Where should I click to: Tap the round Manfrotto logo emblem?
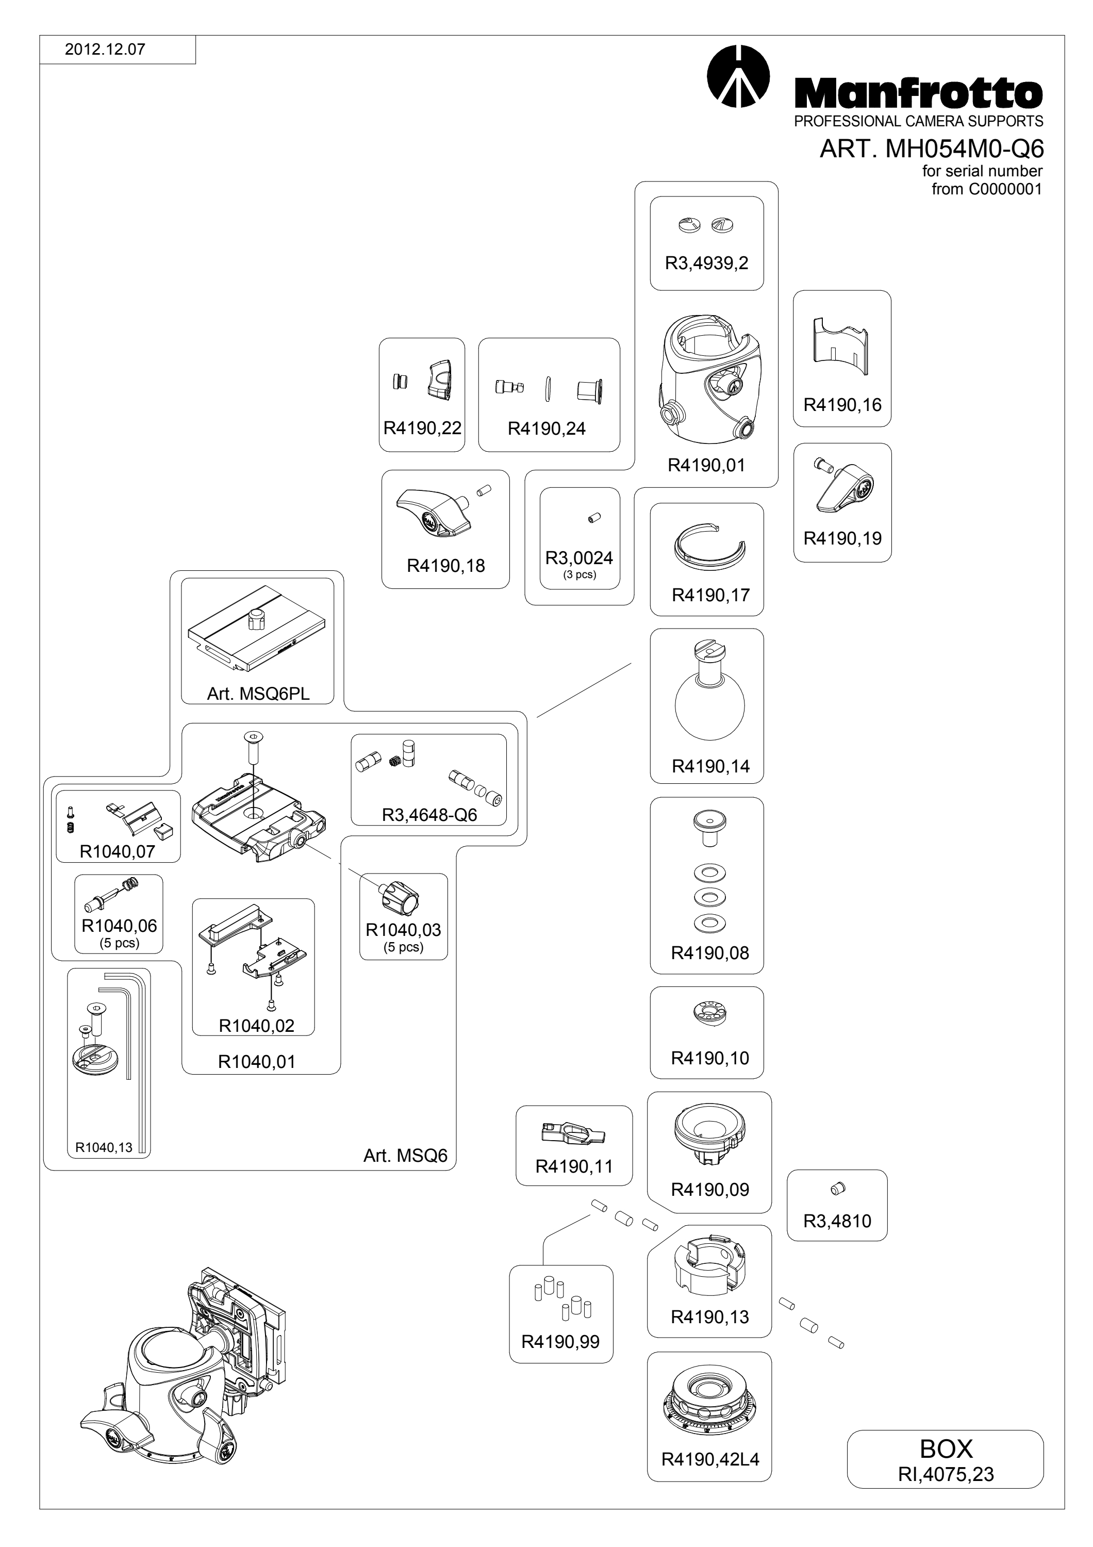pos(739,76)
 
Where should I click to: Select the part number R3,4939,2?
pos(706,264)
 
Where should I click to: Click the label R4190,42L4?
pos(710,1459)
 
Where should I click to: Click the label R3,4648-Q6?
pos(429,815)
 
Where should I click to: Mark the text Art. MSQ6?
pos(405,1156)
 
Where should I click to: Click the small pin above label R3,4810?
pos(838,1189)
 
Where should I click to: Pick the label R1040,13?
pos(104,1147)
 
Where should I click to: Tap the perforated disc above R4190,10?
pos(709,1013)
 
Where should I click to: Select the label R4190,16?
pos(842,405)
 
